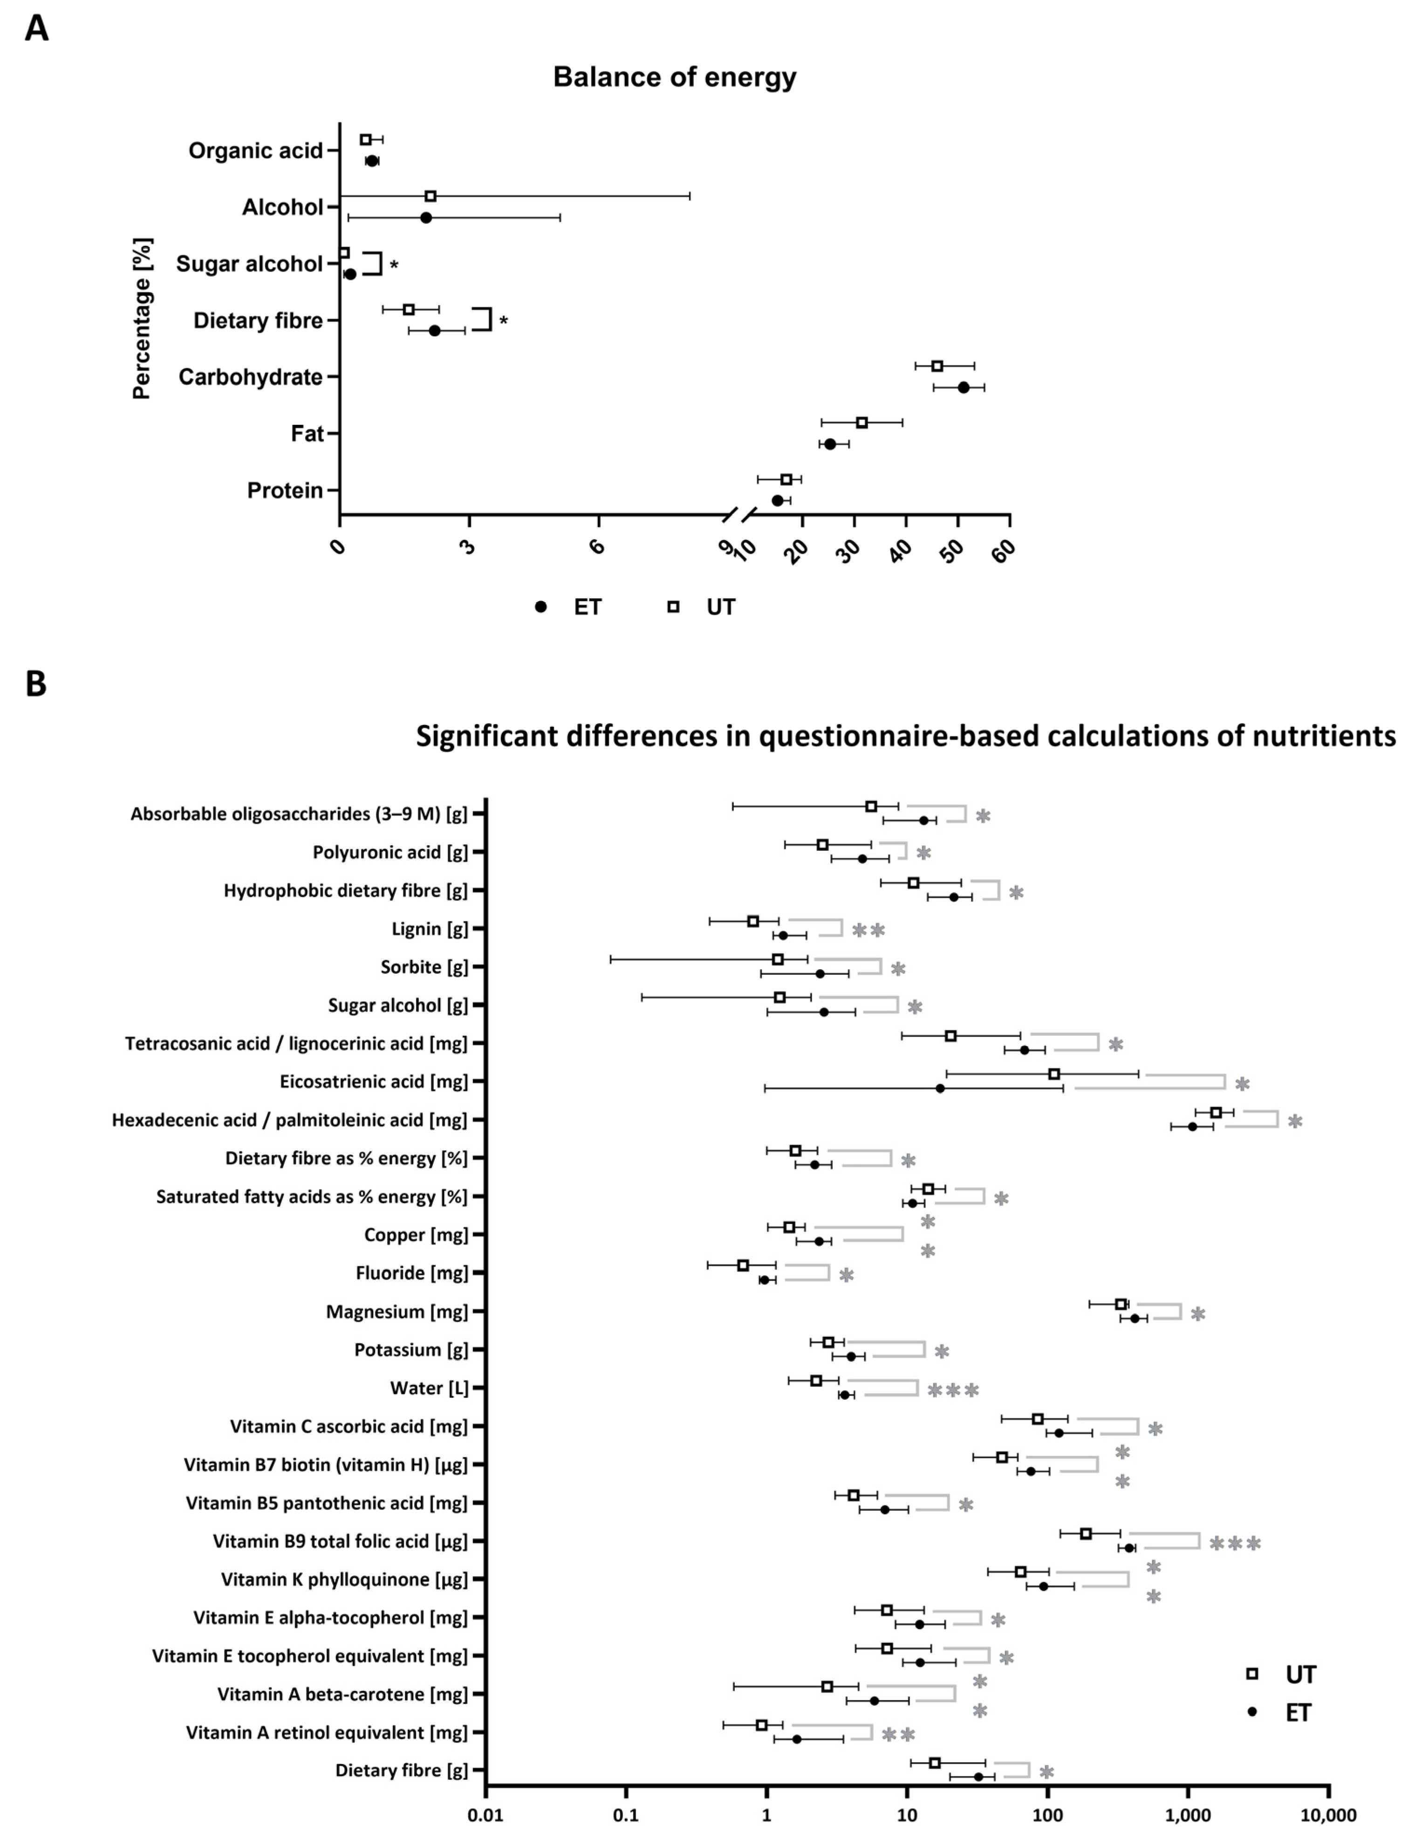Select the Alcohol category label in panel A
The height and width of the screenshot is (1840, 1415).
282,207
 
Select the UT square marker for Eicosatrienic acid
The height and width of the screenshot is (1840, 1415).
1053,1074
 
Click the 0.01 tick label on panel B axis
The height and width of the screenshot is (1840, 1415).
486,1815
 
